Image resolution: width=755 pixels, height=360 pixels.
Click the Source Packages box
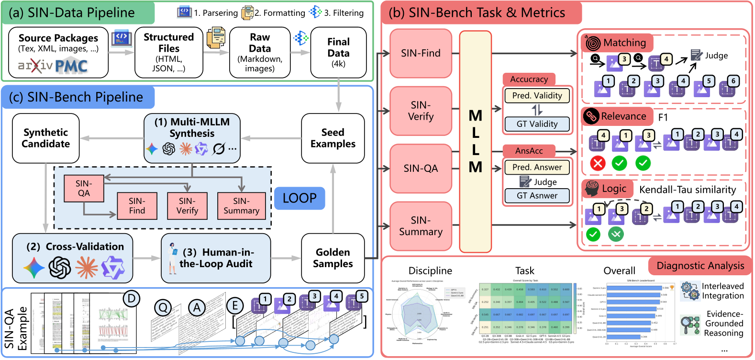pos(58,52)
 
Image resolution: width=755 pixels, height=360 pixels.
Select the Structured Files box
pos(168,52)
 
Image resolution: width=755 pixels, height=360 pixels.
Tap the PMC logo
pos(71,67)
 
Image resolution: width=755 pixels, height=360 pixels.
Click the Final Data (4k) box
pos(338,52)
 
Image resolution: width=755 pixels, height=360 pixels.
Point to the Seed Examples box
pos(333,138)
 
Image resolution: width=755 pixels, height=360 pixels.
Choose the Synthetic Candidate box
pos(45,138)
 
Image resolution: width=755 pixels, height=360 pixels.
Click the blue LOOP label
pos(300,198)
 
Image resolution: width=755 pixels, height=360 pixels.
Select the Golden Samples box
pos(333,258)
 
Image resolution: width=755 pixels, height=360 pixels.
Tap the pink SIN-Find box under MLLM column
pos(421,53)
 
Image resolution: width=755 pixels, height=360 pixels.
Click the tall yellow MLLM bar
pos(475,141)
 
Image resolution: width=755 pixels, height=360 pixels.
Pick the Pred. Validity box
pos(537,96)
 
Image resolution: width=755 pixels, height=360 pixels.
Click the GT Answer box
pos(537,196)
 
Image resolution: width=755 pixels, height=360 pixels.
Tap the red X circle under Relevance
pos(598,163)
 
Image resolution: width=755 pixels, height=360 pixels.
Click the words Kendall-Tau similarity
pos(688,190)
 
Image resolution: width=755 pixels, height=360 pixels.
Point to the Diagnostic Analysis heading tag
pos(700,266)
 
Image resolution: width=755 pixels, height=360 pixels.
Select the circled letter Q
pos(163,307)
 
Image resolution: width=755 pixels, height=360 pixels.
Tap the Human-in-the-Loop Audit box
pos(216,258)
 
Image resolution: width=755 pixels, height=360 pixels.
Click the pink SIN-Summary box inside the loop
pos(241,206)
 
